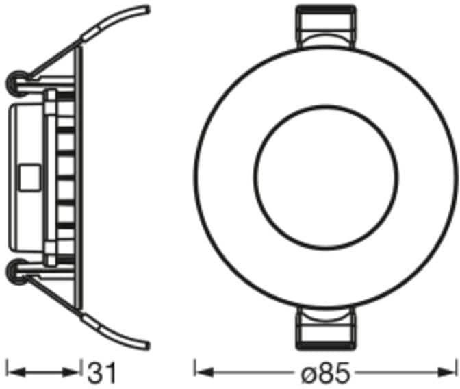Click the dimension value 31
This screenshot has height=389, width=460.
tap(102, 373)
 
